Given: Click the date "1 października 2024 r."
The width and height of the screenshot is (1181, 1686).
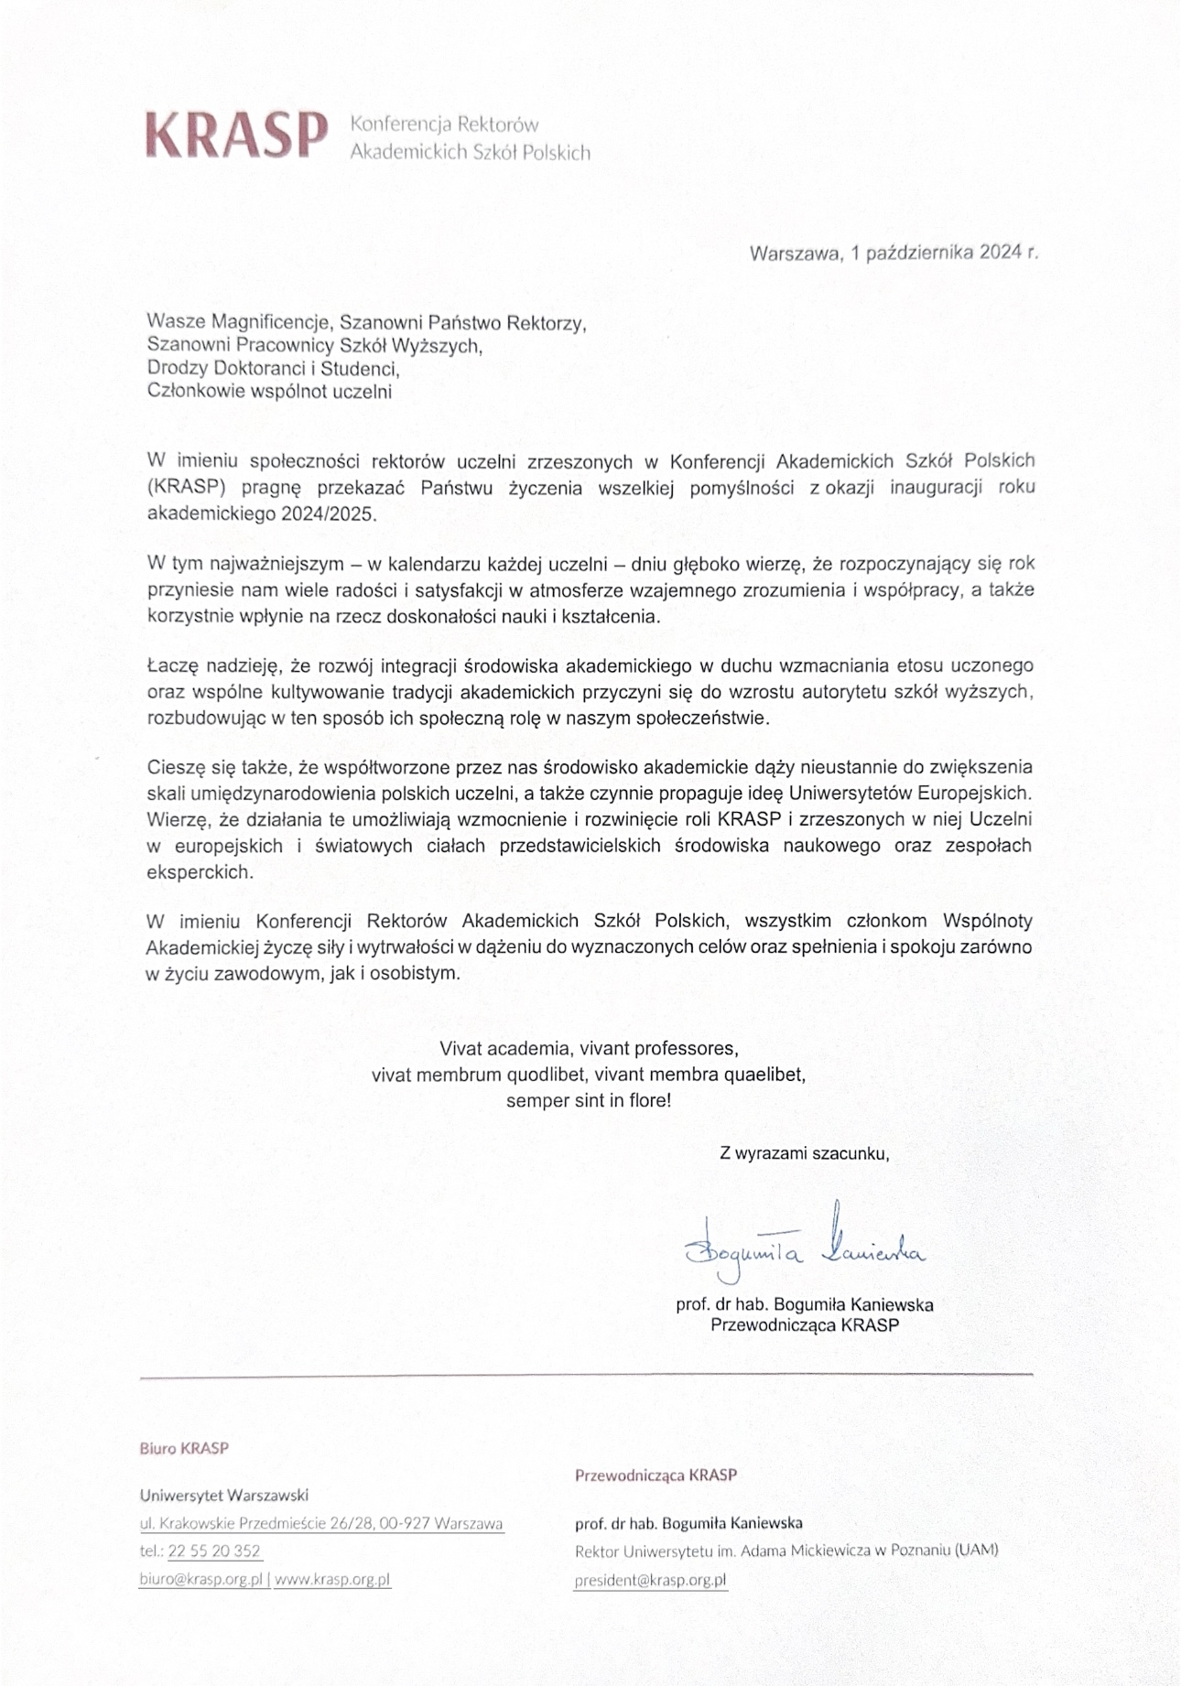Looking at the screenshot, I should click(944, 254).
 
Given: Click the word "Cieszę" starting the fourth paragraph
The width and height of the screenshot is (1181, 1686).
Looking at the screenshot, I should click(177, 767).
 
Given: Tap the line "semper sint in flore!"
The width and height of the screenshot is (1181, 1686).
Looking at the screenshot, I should click(589, 1100).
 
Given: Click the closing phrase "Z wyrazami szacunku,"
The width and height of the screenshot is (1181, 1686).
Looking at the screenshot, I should click(805, 1153).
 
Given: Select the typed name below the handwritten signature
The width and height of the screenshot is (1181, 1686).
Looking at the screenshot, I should click(805, 1304).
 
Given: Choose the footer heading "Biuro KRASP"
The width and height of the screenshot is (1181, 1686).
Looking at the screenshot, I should click(184, 1448).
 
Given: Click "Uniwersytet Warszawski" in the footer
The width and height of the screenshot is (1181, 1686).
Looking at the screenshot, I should click(224, 1496).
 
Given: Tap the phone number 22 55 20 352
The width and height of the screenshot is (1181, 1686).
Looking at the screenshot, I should click(214, 1551).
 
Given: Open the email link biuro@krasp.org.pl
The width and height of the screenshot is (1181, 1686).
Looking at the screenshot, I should click(201, 1579).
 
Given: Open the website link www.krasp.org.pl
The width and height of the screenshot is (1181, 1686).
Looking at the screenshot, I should click(332, 1579).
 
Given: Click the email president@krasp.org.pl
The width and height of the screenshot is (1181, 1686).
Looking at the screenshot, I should click(650, 1580).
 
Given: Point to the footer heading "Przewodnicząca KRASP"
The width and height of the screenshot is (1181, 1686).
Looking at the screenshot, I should click(656, 1475).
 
